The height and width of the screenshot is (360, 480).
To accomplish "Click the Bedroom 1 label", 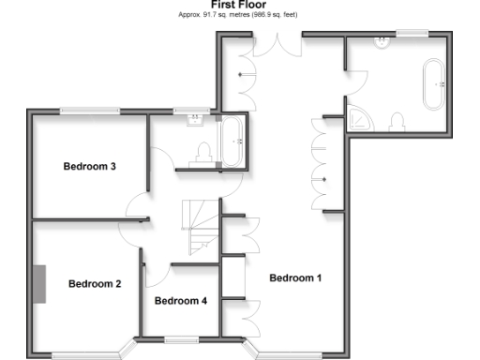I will coord(295,277).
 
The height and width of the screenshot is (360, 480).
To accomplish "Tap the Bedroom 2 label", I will coord(95,283).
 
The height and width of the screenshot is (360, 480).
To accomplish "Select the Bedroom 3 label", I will coord(89,168).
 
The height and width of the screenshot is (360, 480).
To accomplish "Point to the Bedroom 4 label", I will coord(180,301).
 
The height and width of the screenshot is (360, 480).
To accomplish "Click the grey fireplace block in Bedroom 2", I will coord(41,283).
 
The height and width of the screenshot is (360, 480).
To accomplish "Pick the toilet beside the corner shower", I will coord(397,122).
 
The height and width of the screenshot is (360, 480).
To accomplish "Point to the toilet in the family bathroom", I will coord(203,153).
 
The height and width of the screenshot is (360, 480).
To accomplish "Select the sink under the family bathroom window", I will coord(195,120).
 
